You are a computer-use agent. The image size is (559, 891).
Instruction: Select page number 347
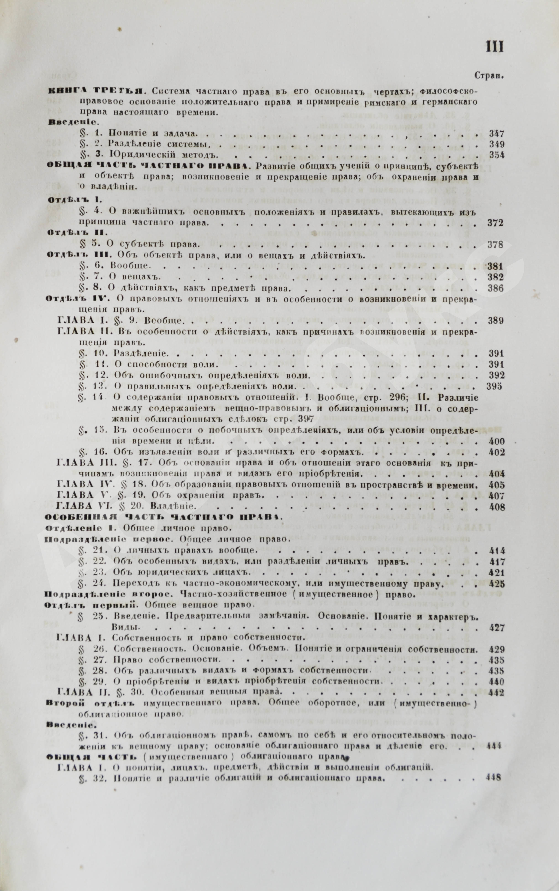496,134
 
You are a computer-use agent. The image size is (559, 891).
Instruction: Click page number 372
495,223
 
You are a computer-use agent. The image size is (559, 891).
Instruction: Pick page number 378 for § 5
495,245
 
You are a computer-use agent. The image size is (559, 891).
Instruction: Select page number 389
495,321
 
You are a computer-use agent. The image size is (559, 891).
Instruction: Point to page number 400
496,442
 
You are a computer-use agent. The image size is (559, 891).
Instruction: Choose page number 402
496,452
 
